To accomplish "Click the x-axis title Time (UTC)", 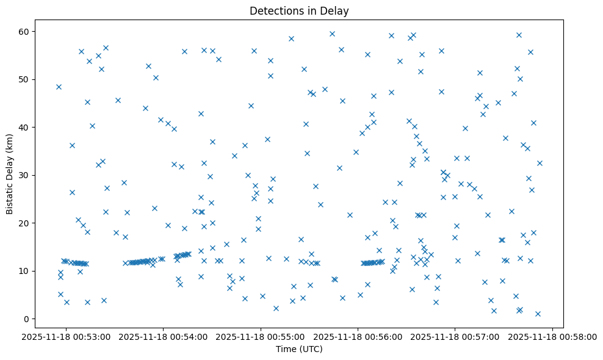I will pos(299,349).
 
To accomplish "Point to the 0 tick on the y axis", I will pos(27,319).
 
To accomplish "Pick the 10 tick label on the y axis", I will pos(24,271).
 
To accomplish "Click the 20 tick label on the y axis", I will pos(24,223).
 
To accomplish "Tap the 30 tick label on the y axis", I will pos(24,175).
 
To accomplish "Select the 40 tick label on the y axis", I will pos(24,127).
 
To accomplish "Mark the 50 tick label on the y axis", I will pos(24,79).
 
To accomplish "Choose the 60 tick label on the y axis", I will pos(24,31).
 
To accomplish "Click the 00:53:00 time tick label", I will pos(67,336).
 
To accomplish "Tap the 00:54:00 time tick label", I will pos(164,336).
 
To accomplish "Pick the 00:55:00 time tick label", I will pos(261,336).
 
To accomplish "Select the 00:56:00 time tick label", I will pos(358,336).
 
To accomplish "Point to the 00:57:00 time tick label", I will pos(455,336).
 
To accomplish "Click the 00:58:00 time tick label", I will pos(552,336).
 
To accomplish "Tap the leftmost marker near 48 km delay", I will pos(59,87).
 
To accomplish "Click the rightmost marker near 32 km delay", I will pos(540,163).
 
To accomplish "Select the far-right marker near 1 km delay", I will pos(538,314).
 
